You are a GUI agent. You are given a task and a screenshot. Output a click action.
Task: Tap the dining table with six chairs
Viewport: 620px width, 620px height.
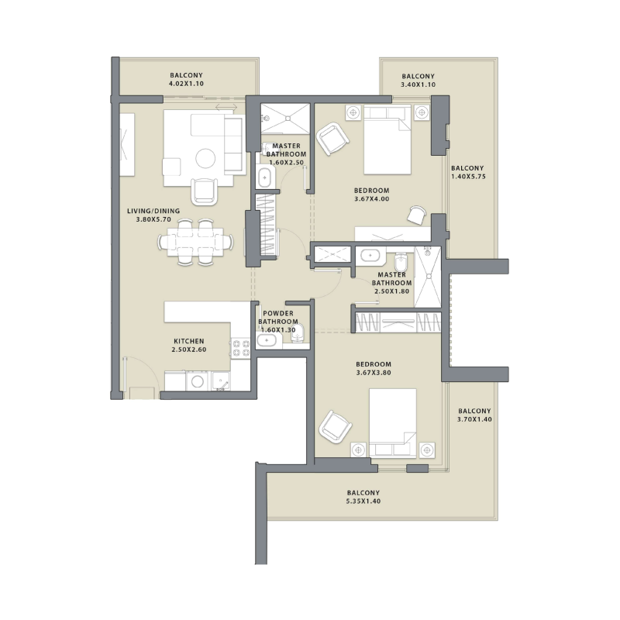[x=195, y=243]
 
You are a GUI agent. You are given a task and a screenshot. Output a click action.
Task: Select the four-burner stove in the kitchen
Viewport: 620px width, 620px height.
[x=240, y=348]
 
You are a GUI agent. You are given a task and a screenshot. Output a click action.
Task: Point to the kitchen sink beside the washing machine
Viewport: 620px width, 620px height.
[x=222, y=381]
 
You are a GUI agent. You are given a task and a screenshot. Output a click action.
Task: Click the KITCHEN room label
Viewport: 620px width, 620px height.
[x=189, y=341]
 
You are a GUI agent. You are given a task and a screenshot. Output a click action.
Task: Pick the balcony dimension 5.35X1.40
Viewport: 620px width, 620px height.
[x=363, y=501]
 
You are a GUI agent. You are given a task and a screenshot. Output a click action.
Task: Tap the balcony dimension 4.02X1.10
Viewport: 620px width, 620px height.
[x=186, y=84]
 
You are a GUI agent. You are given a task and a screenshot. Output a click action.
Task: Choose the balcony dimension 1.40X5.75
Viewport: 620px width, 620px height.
[x=467, y=177]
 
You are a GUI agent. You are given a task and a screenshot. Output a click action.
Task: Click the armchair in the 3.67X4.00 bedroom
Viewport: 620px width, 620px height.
[x=334, y=139]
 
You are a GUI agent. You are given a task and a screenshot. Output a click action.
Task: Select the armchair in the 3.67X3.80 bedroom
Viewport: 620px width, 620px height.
[x=335, y=426]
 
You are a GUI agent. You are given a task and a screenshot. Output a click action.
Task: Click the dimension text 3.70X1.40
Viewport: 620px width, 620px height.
[x=475, y=419]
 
